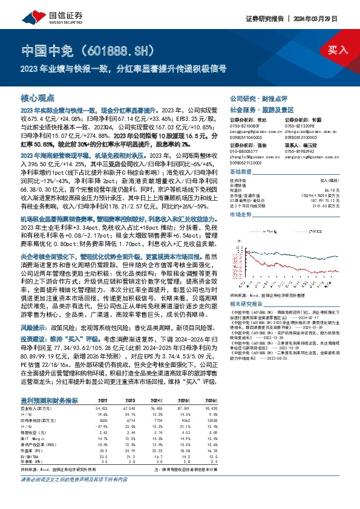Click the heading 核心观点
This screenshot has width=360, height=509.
[38, 97]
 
